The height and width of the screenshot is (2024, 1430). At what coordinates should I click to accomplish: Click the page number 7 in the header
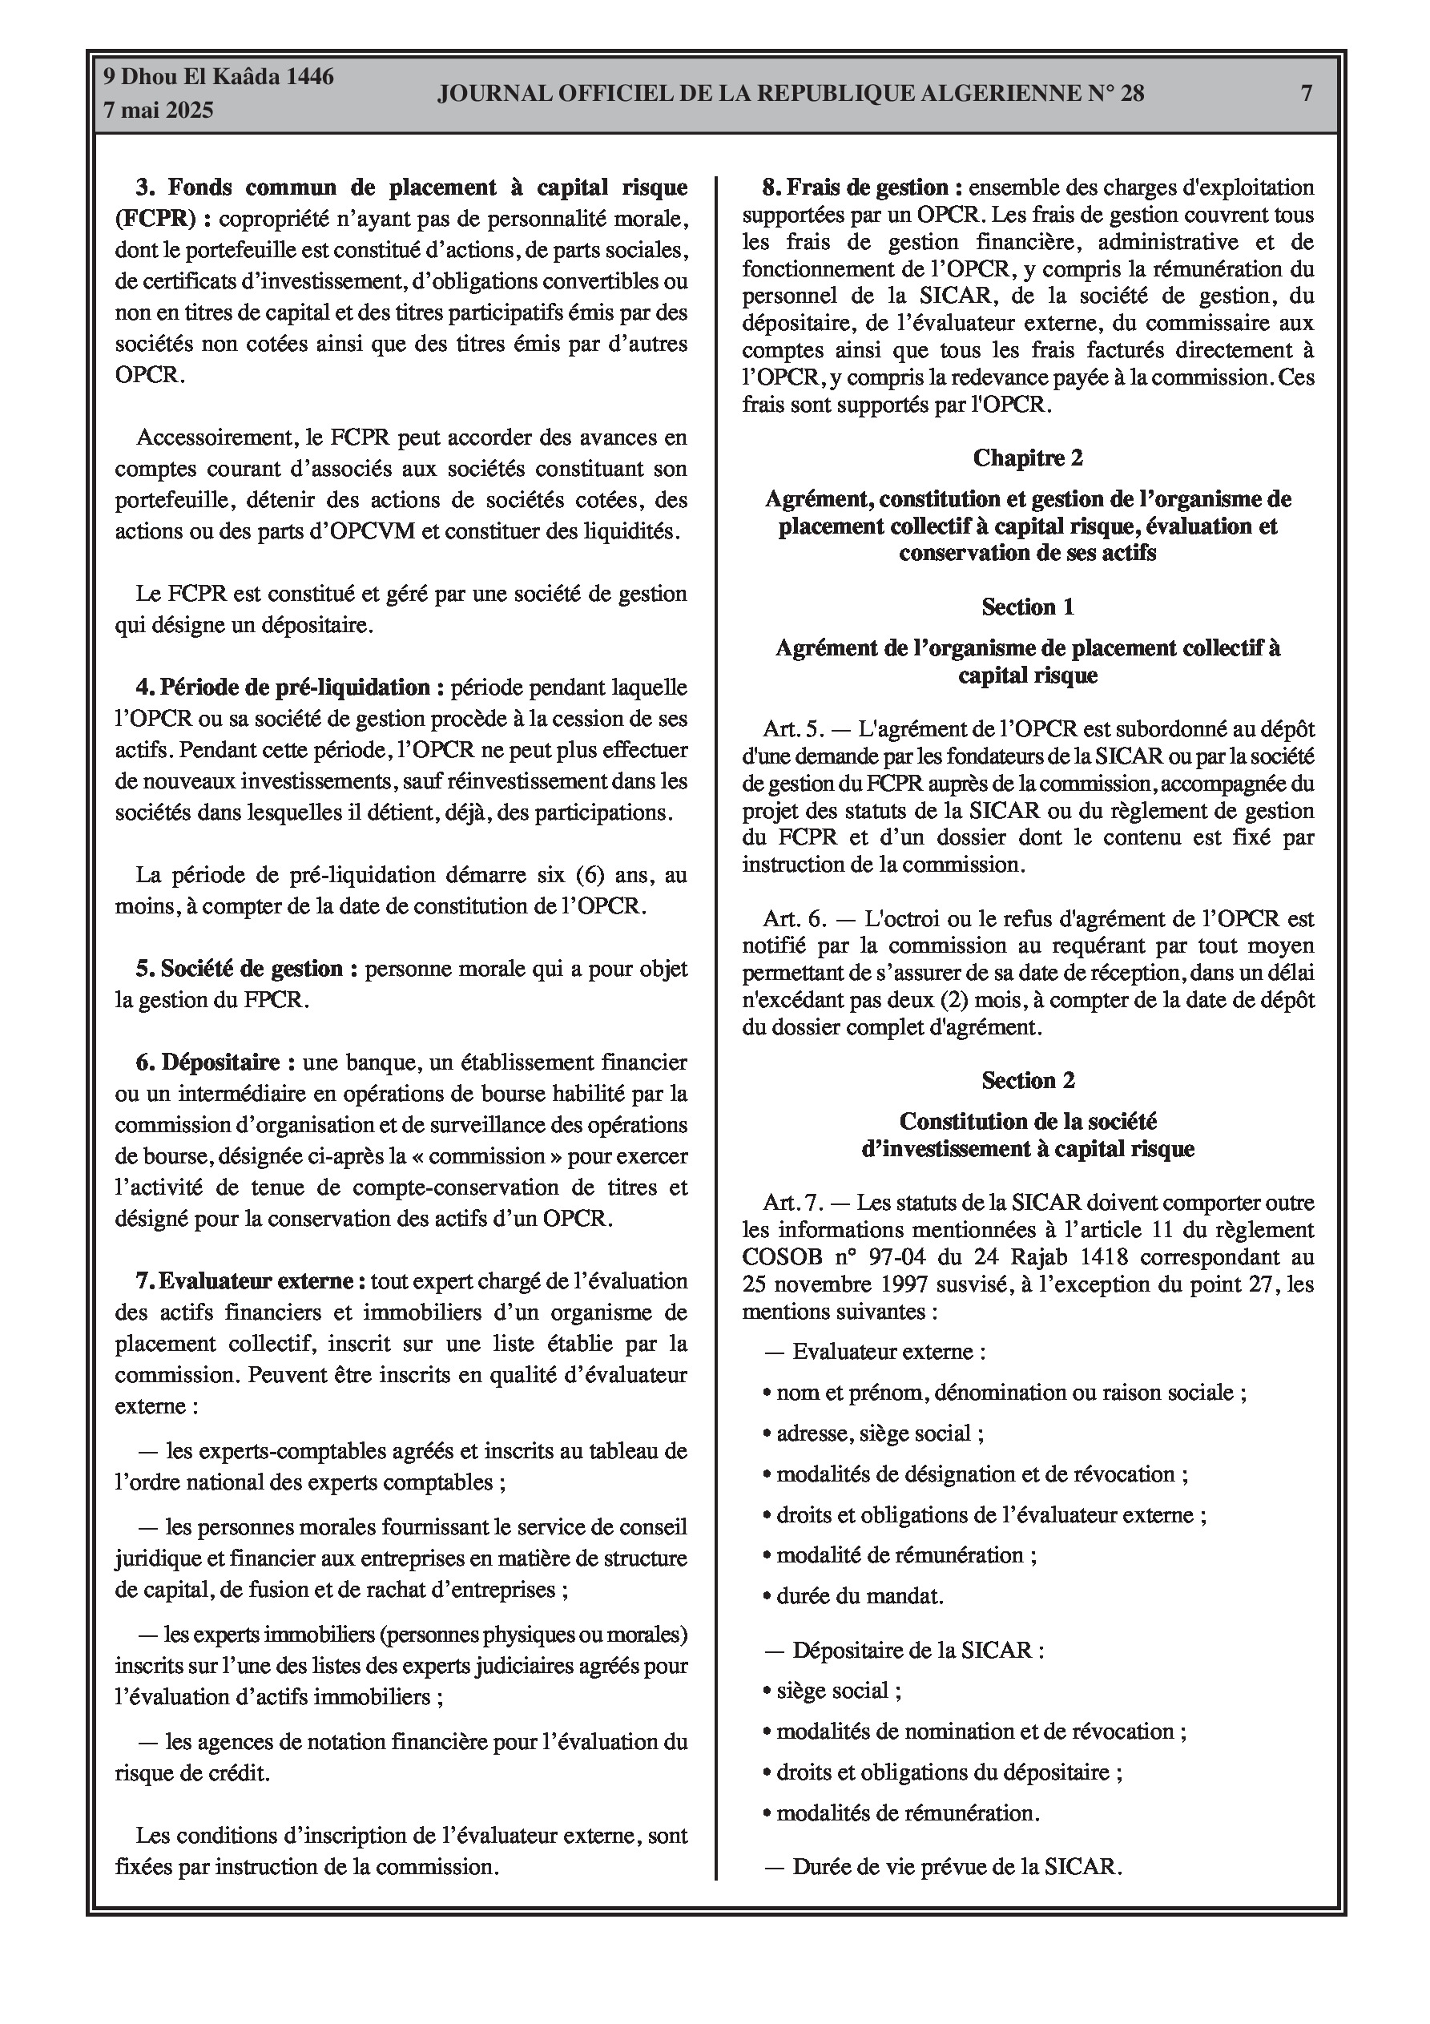point(1307,94)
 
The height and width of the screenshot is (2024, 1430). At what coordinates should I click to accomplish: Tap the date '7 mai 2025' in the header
point(159,111)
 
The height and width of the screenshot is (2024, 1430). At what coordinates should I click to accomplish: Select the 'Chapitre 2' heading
point(1027,458)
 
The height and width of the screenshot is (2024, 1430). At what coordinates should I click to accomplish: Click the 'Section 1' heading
point(1027,607)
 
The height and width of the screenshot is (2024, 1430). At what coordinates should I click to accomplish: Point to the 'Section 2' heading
point(1027,1081)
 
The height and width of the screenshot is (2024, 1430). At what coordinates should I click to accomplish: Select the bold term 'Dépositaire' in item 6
point(220,1063)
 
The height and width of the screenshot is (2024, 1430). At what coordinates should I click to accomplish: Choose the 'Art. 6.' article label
point(795,919)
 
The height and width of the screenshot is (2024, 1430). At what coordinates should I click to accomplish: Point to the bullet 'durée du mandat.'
point(859,1596)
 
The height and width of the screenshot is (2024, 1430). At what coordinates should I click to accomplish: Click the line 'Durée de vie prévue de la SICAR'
point(956,1866)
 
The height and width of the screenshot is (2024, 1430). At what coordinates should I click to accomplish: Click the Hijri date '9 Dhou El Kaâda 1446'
point(219,78)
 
